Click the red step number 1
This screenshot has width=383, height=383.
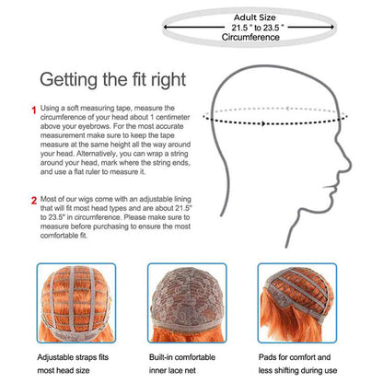(34, 110)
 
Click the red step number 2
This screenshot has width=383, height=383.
(34, 201)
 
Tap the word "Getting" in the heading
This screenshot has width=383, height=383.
(69, 80)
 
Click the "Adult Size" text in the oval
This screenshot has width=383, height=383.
(255, 17)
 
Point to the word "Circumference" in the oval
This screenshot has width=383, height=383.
(250, 38)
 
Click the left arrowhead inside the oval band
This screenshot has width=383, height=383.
(166, 27)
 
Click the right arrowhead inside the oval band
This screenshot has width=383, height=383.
(331, 27)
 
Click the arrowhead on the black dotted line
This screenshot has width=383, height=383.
(263, 123)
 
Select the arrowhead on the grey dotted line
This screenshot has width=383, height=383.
(287, 109)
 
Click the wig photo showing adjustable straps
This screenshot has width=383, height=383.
(76, 303)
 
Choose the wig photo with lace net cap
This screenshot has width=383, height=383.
(187, 303)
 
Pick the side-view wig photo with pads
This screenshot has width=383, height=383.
(297, 303)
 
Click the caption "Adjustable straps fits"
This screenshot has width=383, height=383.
(73, 357)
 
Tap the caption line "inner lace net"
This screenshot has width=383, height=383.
(172, 370)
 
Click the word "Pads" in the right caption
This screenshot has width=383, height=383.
(267, 357)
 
